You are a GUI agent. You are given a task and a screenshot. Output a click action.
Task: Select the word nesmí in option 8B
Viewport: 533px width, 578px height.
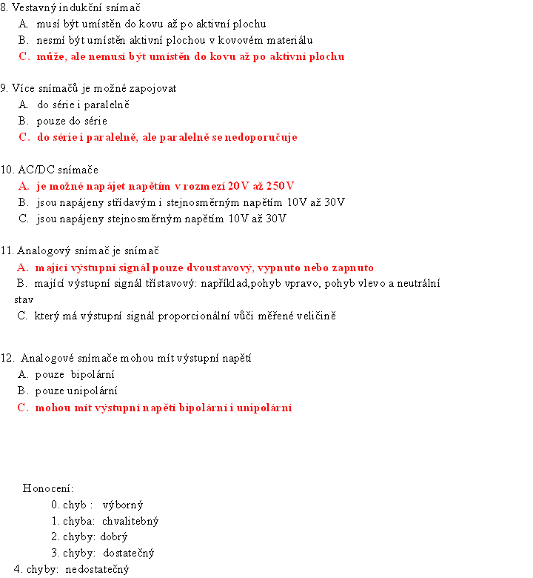tap(50, 40)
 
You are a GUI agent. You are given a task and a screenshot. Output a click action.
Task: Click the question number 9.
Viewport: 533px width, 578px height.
tap(4, 88)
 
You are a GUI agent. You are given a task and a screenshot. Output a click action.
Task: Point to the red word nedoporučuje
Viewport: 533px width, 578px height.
tap(265, 137)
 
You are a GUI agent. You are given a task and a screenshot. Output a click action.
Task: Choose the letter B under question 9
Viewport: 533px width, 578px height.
tap(24, 121)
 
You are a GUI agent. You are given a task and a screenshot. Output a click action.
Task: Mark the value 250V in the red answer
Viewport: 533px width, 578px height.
tap(281, 185)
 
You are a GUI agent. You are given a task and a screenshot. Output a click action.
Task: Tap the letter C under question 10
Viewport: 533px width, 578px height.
tap(24, 218)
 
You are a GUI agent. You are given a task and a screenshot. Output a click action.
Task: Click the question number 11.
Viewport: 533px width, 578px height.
tap(7, 250)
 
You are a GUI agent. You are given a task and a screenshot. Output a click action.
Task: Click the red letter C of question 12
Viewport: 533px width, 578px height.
tap(22, 407)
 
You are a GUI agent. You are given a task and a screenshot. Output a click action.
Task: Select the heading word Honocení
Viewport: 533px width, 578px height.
tap(47, 488)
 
